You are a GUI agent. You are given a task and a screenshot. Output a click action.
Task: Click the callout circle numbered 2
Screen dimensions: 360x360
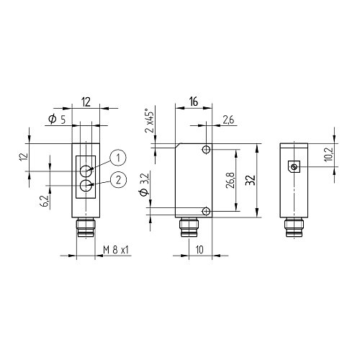click(118, 179)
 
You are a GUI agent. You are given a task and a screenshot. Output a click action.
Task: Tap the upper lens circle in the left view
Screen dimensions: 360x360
click(86, 171)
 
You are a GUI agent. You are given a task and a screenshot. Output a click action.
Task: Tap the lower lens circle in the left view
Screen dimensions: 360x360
click(86, 186)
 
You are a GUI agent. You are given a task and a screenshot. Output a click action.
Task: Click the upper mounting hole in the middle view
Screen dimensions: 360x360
click(207, 150)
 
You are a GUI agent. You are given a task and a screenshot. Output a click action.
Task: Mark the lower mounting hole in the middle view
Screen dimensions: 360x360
click(207, 211)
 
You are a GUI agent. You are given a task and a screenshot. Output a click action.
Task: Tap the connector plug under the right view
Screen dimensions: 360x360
click(294, 228)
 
